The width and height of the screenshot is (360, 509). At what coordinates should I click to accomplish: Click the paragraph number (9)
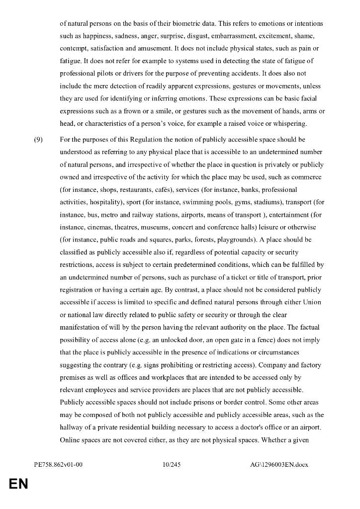(x=38, y=140)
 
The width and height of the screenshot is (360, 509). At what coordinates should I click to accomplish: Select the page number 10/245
(x=172, y=465)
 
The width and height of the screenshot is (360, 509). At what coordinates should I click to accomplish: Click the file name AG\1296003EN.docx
(x=279, y=465)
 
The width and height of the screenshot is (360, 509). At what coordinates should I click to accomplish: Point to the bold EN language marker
(x=18, y=484)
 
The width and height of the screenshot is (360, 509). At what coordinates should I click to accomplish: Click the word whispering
(x=294, y=124)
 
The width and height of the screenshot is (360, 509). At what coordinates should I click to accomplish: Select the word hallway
(x=73, y=427)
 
